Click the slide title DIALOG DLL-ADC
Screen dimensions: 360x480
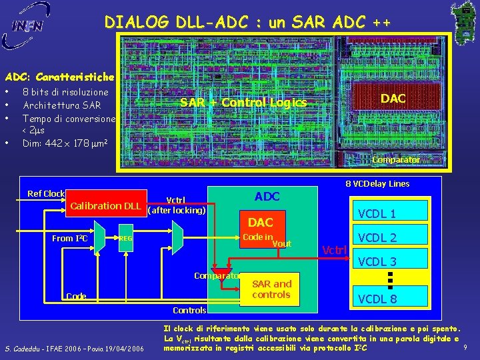point(247,23)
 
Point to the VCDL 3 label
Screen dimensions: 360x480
point(377,262)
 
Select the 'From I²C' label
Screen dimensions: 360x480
point(70,238)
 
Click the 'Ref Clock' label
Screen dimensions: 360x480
point(46,194)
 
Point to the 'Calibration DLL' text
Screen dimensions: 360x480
point(105,205)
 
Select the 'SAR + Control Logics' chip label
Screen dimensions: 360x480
point(243,103)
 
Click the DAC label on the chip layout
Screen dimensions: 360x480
point(393,99)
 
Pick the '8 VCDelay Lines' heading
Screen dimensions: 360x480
point(377,184)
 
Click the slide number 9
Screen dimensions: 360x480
point(465,347)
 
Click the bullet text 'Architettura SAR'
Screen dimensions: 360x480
point(61,105)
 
